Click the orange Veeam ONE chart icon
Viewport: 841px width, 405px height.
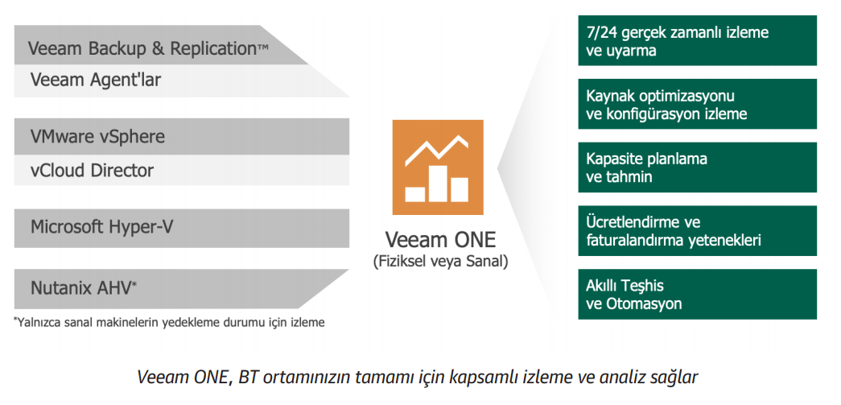tap(438, 167)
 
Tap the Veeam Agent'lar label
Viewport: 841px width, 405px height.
tap(96, 80)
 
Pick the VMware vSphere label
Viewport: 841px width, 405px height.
tap(97, 136)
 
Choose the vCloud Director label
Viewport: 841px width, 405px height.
tap(92, 171)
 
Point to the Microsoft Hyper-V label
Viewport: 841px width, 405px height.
tap(102, 227)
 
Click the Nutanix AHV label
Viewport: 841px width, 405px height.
tap(84, 288)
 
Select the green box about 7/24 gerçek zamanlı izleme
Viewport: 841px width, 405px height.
tap(697, 41)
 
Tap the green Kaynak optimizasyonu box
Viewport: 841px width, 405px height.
tap(697, 104)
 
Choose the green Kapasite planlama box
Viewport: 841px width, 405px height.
tap(697, 167)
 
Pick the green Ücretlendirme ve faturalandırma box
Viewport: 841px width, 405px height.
tap(697, 230)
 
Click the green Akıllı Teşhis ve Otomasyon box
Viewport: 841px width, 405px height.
tap(697, 294)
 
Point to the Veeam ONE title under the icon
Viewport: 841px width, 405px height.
tap(440, 240)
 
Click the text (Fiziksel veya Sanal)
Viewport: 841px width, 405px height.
tap(440, 262)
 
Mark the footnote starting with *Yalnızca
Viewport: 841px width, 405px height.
tap(169, 322)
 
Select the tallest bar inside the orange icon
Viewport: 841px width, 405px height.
tap(439, 184)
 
